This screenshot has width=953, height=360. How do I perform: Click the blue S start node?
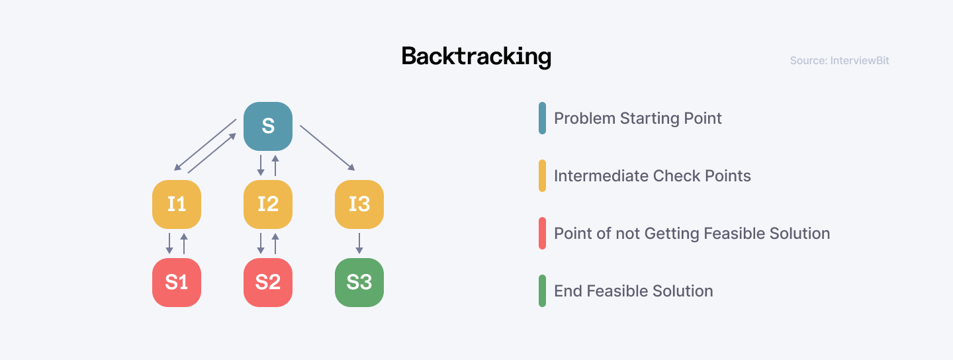[x=268, y=126]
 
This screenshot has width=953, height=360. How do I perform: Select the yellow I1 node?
[x=177, y=204]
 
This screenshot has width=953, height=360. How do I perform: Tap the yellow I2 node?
[x=268, y=204]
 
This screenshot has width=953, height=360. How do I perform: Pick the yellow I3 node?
[x=359, y=204]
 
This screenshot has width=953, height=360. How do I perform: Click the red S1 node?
[x=177, y=282]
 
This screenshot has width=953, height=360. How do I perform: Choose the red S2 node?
[x=268, y=282]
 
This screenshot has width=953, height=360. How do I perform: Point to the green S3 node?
[x=359, y=282]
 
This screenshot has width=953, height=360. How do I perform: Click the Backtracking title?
[x=476, y=57]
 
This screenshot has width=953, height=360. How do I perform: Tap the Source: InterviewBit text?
[x=839, y=61]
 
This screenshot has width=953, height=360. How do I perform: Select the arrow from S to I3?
[x=328, y=147]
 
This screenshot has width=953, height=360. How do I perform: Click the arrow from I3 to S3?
[x=359, y=243]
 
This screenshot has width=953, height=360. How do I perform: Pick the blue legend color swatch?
[x=543, y=118]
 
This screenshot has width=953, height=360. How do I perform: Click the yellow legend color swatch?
[x=543, y=176]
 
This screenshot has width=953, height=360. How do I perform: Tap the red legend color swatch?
[x=543, y=234]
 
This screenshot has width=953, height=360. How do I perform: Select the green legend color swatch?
[x=543, y=291]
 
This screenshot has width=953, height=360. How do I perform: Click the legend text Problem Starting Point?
[x=637, y=118]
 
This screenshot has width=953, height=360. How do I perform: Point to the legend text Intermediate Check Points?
[x=652, y=176]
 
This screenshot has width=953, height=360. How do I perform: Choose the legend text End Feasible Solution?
[x=633, y=291]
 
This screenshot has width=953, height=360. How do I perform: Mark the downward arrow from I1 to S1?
[x=169, y=243]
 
